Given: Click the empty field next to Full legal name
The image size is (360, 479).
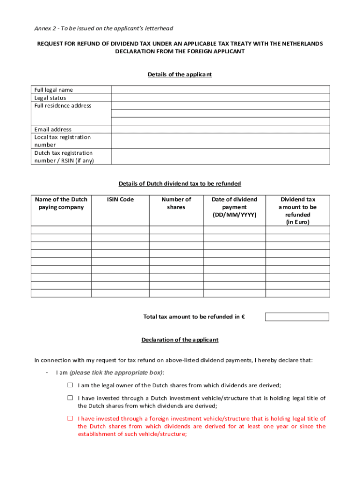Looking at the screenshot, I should tap(220, 90).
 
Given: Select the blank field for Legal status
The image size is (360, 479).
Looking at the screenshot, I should tap(220, 98).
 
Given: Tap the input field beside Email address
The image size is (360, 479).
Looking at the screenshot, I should tap(220, 129).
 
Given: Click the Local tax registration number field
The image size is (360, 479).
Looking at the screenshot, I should tap(220, 141).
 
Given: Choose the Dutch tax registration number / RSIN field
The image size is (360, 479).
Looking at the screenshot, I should tap(220, 157).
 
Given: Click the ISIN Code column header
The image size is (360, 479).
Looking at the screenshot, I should tap(120, 200).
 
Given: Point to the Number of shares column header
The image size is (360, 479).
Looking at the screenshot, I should tap(176, 203).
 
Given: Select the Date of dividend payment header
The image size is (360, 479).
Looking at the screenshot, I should tap(234, 207).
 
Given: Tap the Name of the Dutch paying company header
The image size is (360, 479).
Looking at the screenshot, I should tap(61, 203).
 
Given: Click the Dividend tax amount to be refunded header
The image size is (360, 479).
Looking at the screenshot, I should tap(298, 210).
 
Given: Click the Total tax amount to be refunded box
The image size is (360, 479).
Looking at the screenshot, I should tap(297, 317).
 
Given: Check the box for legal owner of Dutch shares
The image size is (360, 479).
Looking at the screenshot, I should tap(70, 385).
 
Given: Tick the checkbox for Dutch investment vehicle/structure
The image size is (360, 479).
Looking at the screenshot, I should tap(70, 398).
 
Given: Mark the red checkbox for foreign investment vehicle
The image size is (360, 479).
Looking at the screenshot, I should tap(70, 419).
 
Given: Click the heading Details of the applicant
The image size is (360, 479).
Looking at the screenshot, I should tap(180, 74).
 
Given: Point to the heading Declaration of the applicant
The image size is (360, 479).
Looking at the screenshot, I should tap(180, 340).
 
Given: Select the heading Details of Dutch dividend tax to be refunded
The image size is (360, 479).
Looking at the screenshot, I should tap(180, 184).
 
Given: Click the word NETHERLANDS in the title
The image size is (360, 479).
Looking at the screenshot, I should tap(300, 44).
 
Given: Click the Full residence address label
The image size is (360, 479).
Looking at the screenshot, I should tap(63, 106).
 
